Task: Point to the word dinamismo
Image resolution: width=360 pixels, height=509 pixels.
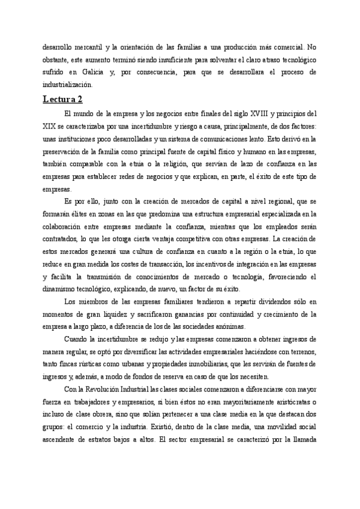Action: click(x=61, y=289)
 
